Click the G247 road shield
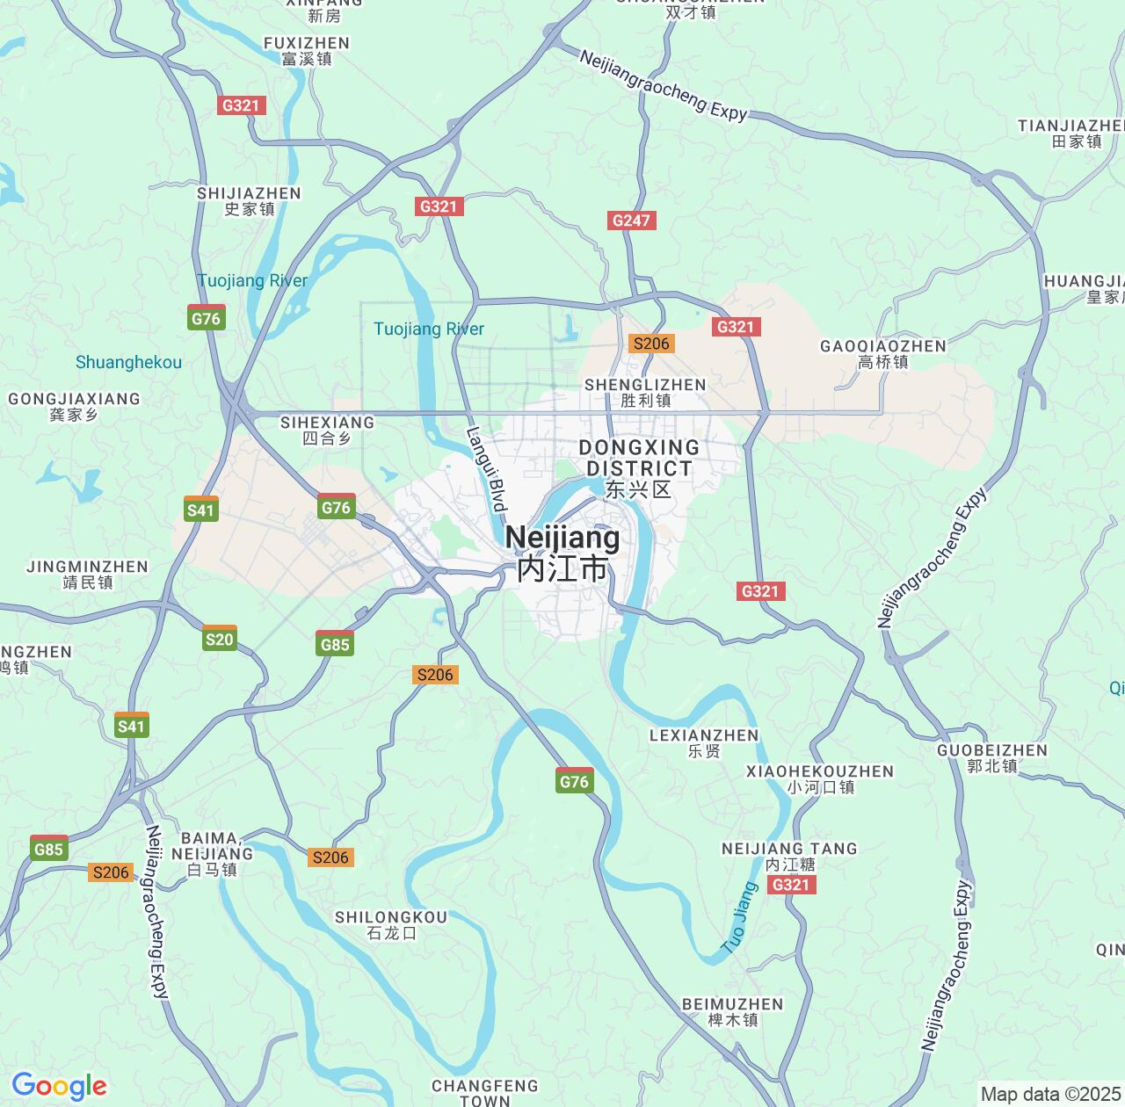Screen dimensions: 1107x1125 tap(631, 221)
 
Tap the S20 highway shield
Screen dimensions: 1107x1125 tap(219, 639)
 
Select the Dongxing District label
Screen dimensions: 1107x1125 tap(639, 468)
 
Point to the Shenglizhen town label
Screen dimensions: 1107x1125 tap(645, 392)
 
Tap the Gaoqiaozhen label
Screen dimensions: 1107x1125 tap(883, 353)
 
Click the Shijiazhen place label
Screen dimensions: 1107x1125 tap(249, 200)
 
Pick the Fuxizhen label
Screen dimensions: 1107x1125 tap(307, 50)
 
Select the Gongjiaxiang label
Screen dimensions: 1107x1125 tap(74, 406)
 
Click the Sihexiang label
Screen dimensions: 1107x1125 tap(327, 430)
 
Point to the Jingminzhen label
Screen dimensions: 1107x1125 tap(88, 574)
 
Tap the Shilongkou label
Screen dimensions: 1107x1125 tap(391, 924)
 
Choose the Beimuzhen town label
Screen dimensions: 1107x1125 tap(732, 1011)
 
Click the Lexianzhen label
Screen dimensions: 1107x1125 tap(703, 742)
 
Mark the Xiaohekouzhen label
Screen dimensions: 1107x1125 tap(820, 778)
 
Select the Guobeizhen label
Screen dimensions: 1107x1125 tap(992, 757)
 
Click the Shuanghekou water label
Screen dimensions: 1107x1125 tap(128, 362)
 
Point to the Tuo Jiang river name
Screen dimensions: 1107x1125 tap(739, 917)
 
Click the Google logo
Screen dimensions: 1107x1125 tap(59, 1087)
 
